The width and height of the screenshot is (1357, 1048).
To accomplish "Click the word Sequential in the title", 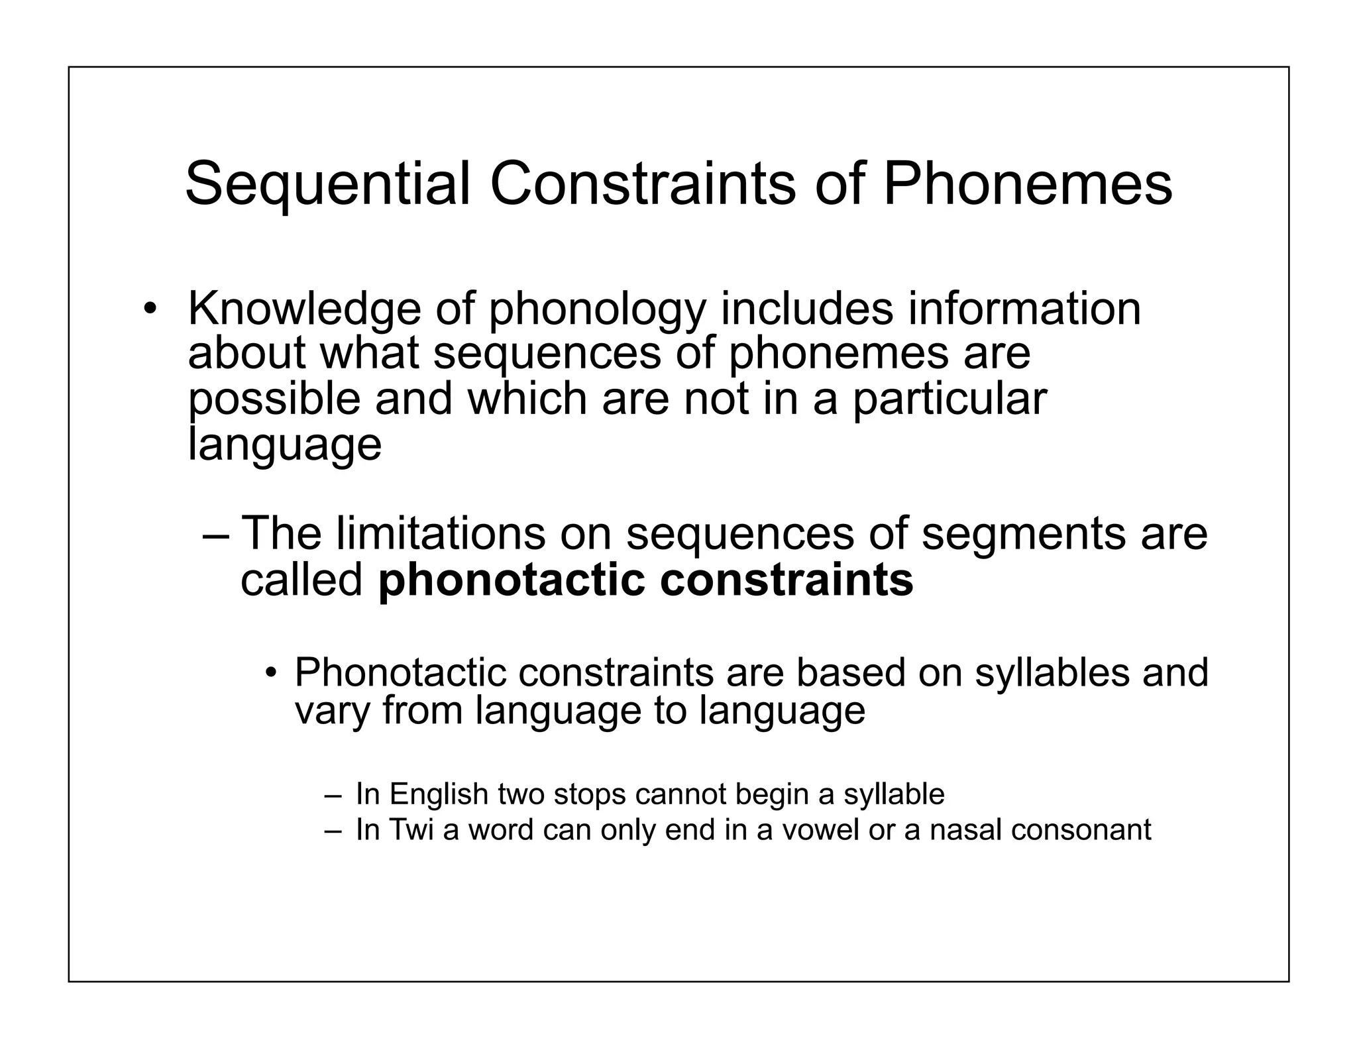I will [327, 185].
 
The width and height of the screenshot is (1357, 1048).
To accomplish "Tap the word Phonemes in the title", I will [1028, 184].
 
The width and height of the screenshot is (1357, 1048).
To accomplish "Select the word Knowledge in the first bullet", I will [304, 310].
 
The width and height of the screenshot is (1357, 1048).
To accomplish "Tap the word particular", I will [949, 400].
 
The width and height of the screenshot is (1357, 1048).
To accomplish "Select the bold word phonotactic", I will [511, 581].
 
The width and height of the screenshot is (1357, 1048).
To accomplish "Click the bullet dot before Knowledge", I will [151, 309].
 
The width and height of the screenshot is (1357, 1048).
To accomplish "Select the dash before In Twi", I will [332, 830].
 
